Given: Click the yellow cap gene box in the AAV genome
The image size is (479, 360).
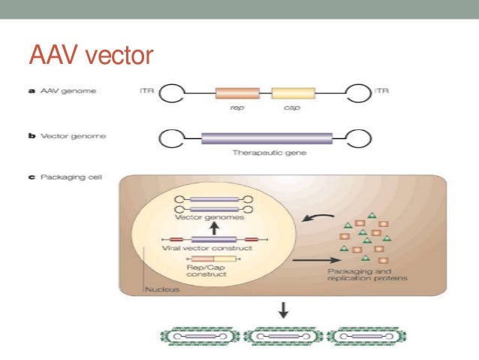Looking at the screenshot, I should tap(294, 94).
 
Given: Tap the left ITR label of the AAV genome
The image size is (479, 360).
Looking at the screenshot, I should tap(146, 92).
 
